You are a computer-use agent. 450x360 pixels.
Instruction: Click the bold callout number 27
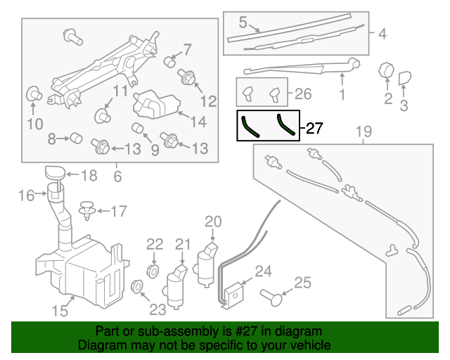pos(314,129)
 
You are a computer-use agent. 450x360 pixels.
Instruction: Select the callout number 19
pos(362,131)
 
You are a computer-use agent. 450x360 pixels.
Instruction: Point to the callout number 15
pos(62,310)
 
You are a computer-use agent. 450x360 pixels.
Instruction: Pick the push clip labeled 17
pos(88,210)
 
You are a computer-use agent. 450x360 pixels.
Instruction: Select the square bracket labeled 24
pos(236,292)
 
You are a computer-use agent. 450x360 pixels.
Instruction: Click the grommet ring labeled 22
pos(153,271)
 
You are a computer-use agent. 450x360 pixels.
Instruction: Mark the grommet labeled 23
pos(138,285)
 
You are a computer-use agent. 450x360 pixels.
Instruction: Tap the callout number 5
pos(242,22)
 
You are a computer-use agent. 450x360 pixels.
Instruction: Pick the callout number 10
pos(34,125)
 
